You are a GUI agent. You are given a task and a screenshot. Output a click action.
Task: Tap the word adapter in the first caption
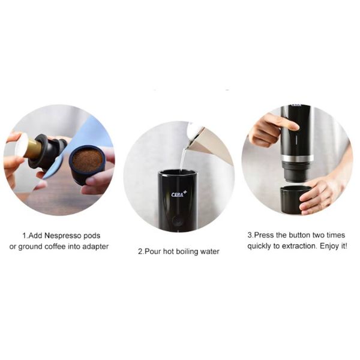point(95,247)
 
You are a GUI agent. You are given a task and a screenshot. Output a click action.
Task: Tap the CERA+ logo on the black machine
point(179,194)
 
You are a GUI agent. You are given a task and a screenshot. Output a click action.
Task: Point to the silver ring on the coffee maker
point(298,158)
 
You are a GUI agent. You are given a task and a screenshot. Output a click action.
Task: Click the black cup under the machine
point(293,200)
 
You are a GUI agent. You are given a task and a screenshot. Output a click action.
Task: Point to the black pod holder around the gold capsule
point(47,151)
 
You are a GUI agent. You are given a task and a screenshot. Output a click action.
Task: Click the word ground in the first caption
point(31,247)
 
